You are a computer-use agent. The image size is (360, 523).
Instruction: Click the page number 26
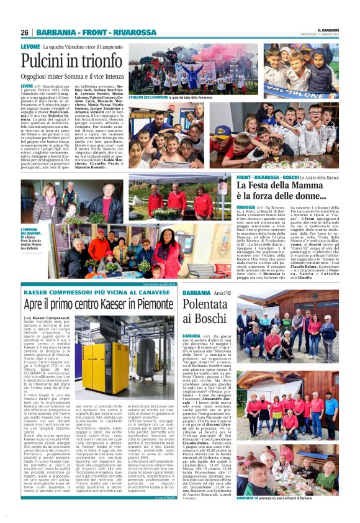point(25,32)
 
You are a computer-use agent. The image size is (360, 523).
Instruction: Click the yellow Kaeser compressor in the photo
point(93,363)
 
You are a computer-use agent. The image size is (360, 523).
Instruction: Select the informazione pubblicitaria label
point(143,284)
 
